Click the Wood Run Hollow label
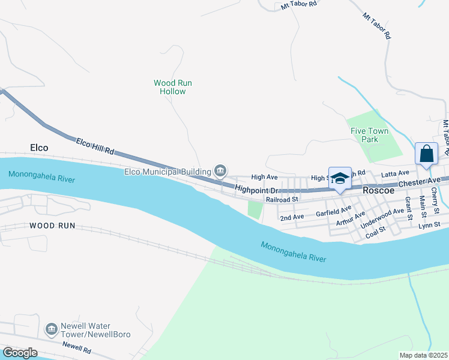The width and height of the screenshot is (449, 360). click(x=173, y=87)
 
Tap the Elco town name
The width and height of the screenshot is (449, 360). click(x=38, y=147)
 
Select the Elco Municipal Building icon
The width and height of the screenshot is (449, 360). click(x=220, y=172)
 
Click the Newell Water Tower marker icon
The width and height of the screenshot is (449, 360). click(x=51, y=329)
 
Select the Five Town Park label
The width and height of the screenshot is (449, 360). click(x=369, y=135)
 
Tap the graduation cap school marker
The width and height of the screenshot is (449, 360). click(x=340, y=178)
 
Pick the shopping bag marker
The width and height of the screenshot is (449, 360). click(x=426, y=154)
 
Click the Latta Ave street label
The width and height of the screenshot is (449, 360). click(x=395, y=173)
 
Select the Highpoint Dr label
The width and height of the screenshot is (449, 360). click(x=254, y=188)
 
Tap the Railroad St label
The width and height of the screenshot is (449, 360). click(x=282, y=199)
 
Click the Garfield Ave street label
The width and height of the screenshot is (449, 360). click(x=333, y=211)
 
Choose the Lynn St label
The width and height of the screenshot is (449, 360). click(x=429, y=224)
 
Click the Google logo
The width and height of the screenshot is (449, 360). click(x=20, y=353)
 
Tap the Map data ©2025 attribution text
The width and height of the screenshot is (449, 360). click(x=423, y=355)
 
